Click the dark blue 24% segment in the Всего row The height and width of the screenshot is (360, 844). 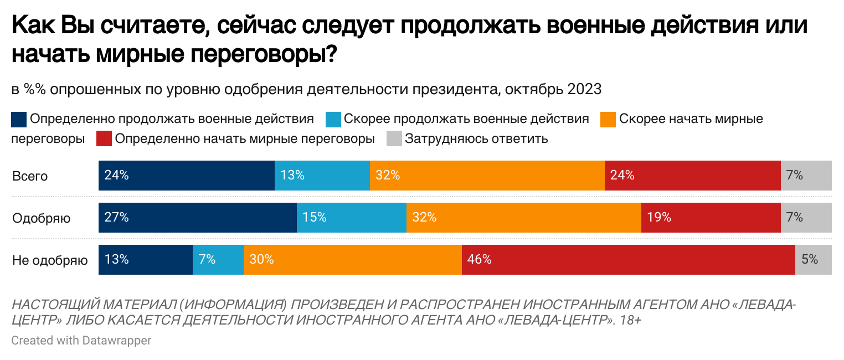pyautogui.click(x=186, y=176)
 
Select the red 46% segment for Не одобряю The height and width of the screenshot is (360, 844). pyautogui.click(x=628, y=259)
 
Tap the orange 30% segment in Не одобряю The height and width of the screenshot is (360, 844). pyautogui.click(x=352, y=259)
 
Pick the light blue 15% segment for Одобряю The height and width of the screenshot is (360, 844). pyautogui.click(x=351, y=218)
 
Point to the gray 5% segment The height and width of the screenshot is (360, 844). pyautogui.click(x=813, y=259)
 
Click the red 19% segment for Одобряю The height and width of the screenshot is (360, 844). pyautogui.click(x=711, y=218)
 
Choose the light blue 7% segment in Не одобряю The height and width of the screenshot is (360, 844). pyautogui.click(x=218, y=259)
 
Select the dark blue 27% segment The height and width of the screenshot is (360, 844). pyautogui.click(x=197, y=218)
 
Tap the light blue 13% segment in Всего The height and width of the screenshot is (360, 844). pyautogui.click(x=322, y=176)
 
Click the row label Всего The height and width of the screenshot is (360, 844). pyautogui.click(x=30, y=177)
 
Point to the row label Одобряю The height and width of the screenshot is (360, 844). pyautogui.click(x=42, y=218)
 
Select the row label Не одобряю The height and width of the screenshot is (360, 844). pyautogui.click(x=50, y=260)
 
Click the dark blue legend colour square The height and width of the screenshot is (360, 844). pyautogui.click(x=19, y=120)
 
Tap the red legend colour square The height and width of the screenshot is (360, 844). pyautogui.click(x=104, y=139)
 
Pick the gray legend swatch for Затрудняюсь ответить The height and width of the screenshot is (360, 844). pyautogui.click(x=394, y=139)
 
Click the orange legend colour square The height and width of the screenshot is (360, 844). pyautogui.click(x=608, y=120)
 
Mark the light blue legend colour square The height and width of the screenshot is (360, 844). pyautogui.click(x=333, y=120)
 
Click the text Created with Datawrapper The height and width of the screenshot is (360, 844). pyautogui.click(x=81, y=340)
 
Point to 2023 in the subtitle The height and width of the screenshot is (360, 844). pyautogui.click(x=584, y=89)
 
